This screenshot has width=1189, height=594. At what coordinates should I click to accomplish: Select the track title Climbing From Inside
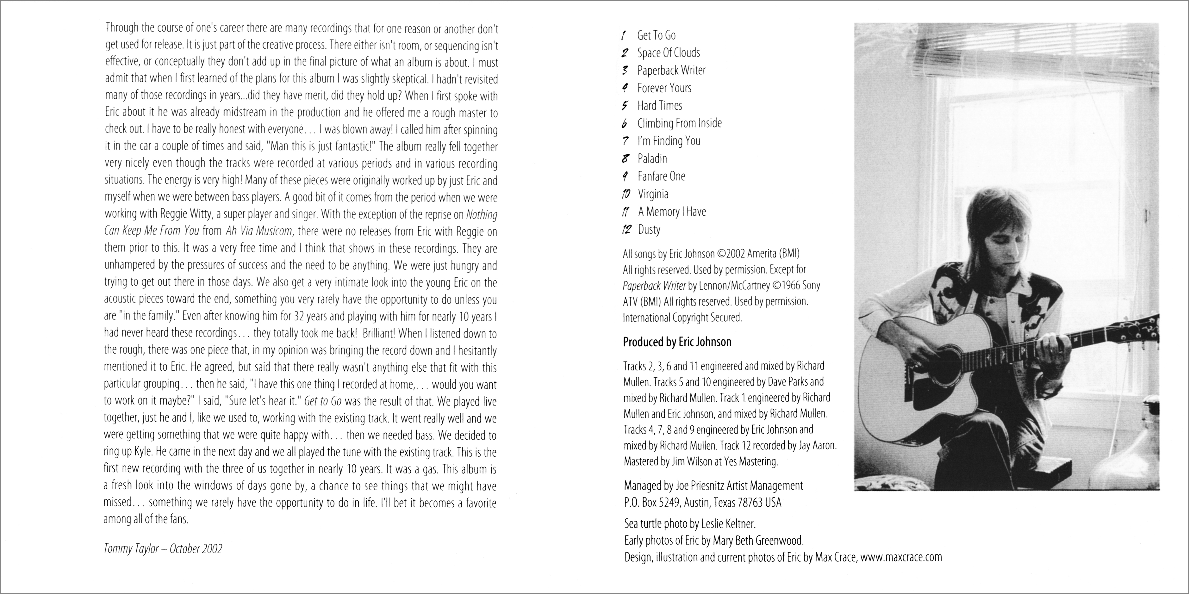coord(679,123)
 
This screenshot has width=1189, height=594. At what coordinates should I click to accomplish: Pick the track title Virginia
coord(653,194)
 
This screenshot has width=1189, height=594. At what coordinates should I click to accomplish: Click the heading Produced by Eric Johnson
coord(677,342)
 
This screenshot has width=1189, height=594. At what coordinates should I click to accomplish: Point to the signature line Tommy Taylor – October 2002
coord(163,549)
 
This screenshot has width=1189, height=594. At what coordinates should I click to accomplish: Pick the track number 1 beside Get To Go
coord(624,35)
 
